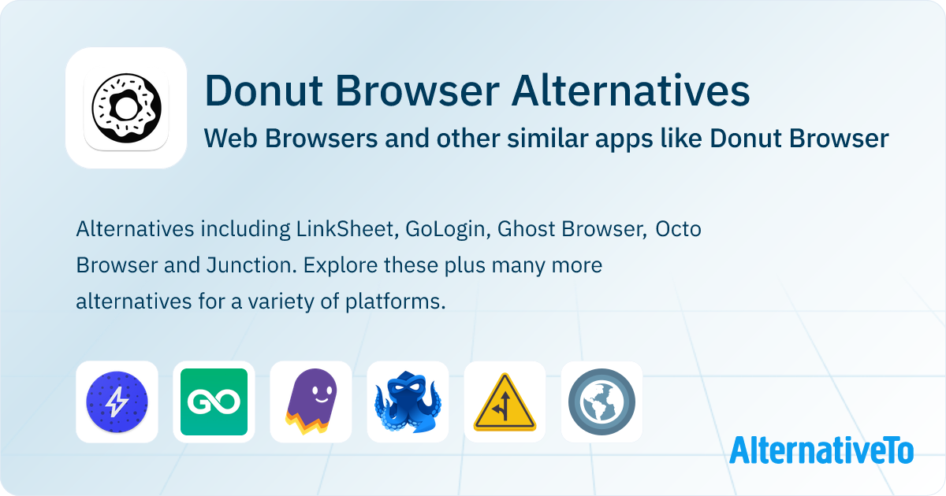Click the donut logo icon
[126, 108]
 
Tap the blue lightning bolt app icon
[117, 402]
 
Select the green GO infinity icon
[214, 402]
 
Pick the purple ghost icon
[311, 402]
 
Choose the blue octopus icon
[408, 402]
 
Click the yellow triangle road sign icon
[505, 402]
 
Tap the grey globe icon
[601, 402]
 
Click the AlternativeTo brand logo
[821, 450]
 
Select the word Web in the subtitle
[226, 139]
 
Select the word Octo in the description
[679, 230]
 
